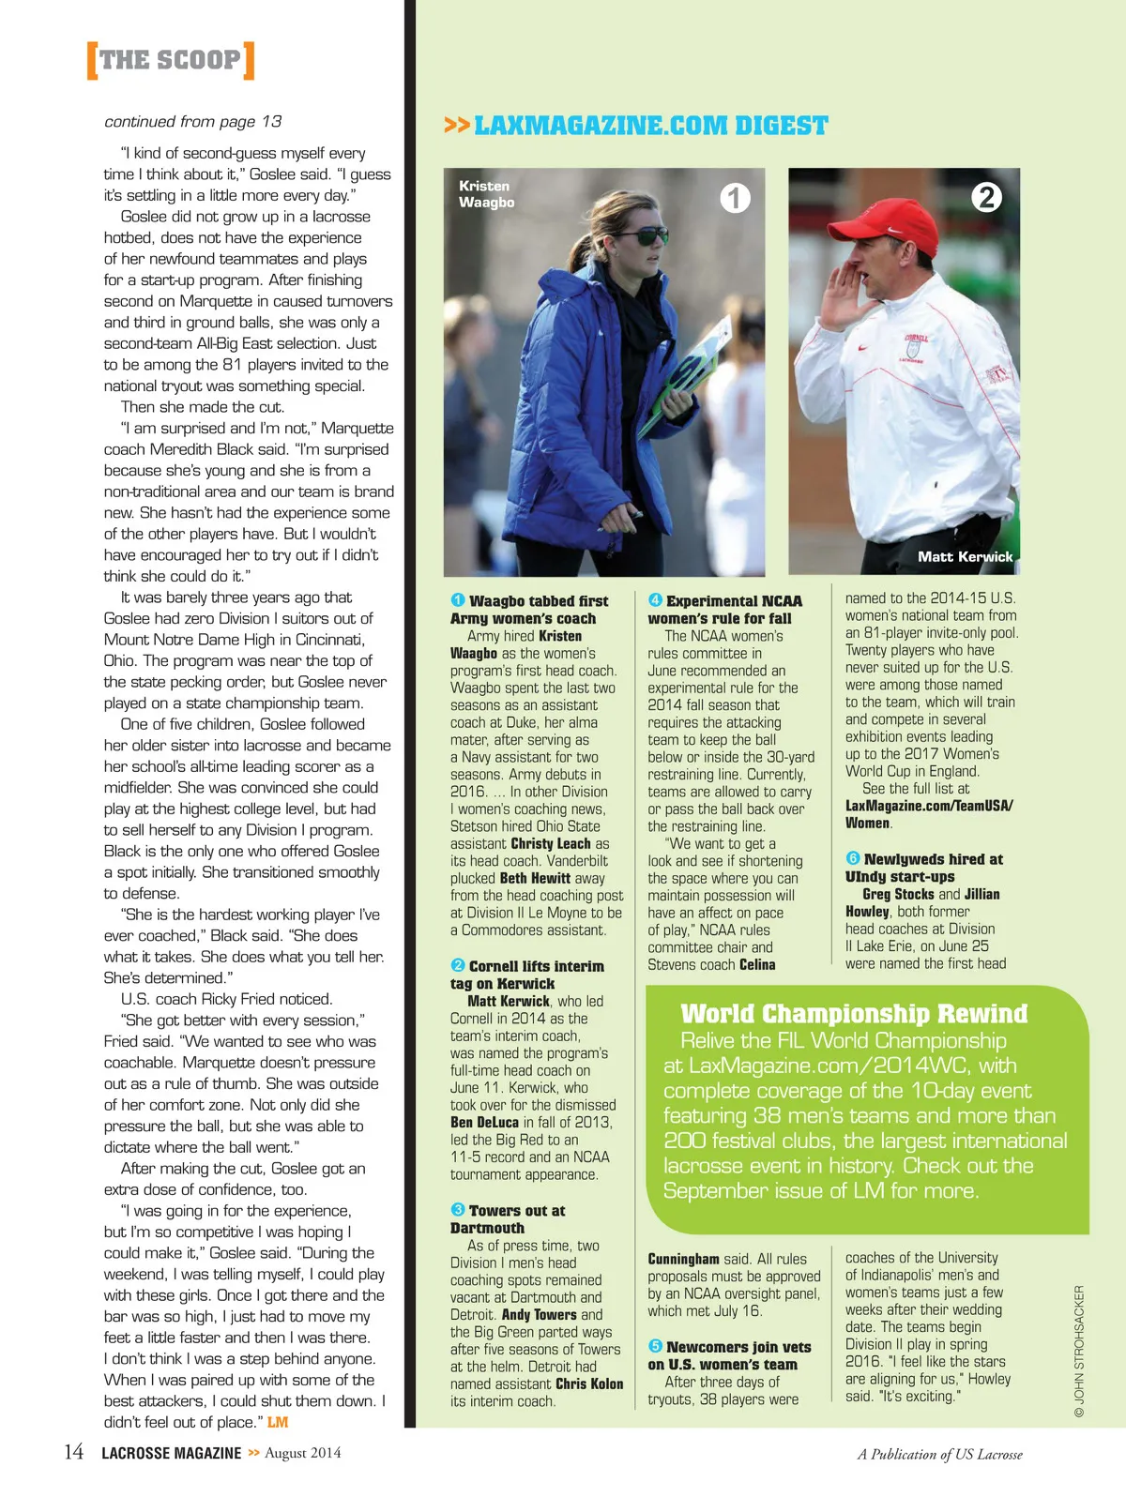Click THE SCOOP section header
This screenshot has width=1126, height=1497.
click(x=170, y=60)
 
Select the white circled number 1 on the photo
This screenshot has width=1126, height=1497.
click(x=735, y=198)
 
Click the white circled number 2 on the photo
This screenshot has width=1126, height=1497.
click(x=986, y=197)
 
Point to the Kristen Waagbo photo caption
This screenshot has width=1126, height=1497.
click(x=486, y=193)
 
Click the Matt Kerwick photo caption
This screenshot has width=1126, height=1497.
click(x=965, y=556)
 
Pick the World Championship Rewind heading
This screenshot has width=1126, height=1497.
click(x=854, y=1014)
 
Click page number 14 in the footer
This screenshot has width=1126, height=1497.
click(x=73, y=1453)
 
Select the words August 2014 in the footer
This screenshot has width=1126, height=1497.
click(x=302, y=1453)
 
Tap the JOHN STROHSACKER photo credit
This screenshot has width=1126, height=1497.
click(x=1079, y=1351)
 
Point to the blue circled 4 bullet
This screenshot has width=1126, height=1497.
click(x=655, y=600)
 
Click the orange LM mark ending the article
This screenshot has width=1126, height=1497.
click(x=278, y=1422)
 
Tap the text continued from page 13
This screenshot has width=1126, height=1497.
click(x=193, y=122)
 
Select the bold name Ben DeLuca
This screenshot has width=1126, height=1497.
click(x=484, y=1122)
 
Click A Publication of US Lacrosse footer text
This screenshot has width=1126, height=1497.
click(x=939, y=1454)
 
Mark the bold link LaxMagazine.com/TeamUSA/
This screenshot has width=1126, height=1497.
click(x=929, y=806)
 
